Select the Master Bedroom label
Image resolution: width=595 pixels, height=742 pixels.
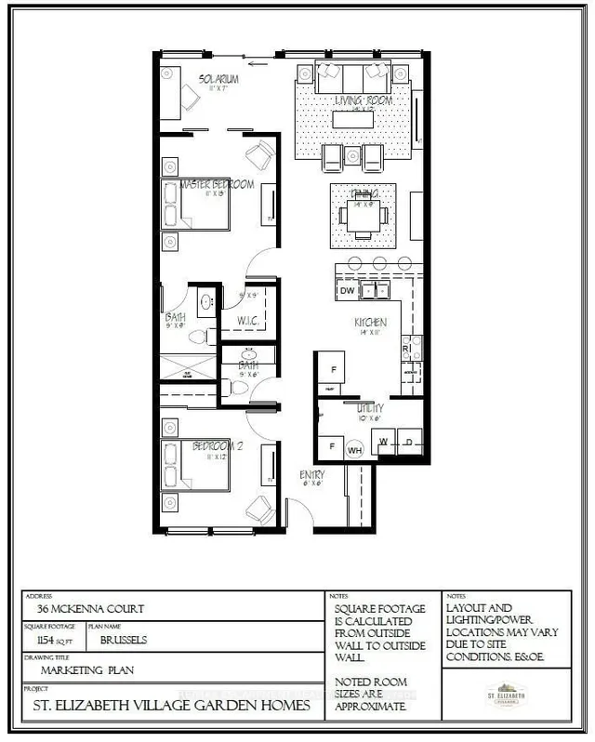pos(217,184)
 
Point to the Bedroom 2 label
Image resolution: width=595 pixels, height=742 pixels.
pos(217,446)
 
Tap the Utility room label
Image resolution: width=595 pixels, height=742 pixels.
pos(370,407)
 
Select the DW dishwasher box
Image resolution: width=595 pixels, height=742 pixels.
pos(347,291)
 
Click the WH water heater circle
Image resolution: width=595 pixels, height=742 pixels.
pos(354,449)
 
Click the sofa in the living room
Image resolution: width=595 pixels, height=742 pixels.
pos(354,76)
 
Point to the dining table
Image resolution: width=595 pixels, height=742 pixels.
pos(364,213)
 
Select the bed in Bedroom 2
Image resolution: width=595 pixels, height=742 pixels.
pos(196,466)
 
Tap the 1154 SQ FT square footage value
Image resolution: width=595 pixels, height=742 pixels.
pos(52,641)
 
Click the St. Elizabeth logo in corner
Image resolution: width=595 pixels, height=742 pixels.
pos(506,694)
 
